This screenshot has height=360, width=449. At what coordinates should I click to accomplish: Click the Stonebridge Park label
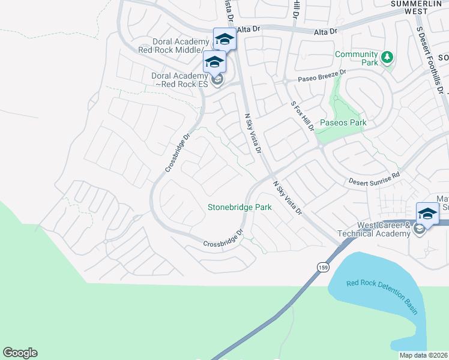(x=240, y=207)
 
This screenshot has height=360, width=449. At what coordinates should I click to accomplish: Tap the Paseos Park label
(x=343, y=122)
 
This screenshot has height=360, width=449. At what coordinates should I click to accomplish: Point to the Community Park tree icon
(x=388, y=57)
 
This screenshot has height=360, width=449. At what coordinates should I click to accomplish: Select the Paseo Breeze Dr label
(x=322, y=76)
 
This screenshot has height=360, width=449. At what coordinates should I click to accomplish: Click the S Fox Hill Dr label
(x=303, y=116)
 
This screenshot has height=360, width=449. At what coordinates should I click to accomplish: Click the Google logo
(x=20, y=353)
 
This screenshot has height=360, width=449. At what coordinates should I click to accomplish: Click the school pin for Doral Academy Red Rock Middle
(x=224, y=40)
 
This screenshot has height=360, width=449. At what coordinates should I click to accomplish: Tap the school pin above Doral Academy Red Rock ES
(x=214, y=62)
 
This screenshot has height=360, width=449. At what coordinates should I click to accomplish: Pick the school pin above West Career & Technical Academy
(x=428, y=214)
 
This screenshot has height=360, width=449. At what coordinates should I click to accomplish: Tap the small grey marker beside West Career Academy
(x=419, y=228)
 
